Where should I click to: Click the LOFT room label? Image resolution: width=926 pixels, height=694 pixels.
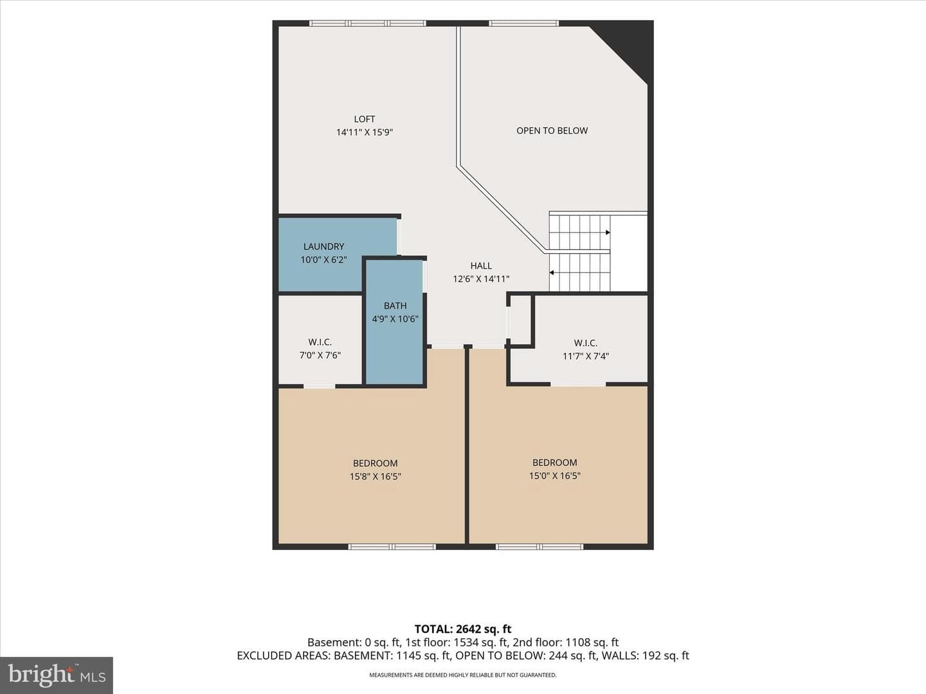[x=365, y=120]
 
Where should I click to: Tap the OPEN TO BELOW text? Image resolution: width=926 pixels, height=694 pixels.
[x=552, y=130]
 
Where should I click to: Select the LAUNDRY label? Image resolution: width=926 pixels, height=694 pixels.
[x=323, y=247]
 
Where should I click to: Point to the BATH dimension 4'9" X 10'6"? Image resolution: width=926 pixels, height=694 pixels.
[x=395, y=319]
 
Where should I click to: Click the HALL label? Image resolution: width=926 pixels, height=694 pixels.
[x=481, y=266]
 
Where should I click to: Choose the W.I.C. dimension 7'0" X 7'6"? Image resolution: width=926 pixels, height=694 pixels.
[x=320, y=355]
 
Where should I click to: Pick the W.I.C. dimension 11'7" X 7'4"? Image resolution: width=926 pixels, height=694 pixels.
[x=586, y=356]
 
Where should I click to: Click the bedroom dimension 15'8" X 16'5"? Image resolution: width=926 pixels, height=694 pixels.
[x=375, y=477]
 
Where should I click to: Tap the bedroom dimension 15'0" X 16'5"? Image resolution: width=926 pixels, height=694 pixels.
[x=555, y=476]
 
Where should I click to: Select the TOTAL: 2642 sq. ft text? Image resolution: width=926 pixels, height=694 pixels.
[x=463, y=629]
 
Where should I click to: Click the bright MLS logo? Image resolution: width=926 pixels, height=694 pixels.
[x=57, y=675]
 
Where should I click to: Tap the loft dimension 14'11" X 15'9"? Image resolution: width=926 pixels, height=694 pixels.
[x=365, y=132]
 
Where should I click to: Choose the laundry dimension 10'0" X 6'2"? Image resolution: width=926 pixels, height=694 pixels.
[x=323, y=260]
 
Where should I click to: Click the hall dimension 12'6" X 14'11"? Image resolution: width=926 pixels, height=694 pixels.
[x=481, y=279]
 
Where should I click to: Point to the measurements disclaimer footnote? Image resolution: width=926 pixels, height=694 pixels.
[x=463, y=675]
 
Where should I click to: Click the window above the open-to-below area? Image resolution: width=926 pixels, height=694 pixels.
[x=524, y=23]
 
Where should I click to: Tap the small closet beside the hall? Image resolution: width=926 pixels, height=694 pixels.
[x=520, y=320]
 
